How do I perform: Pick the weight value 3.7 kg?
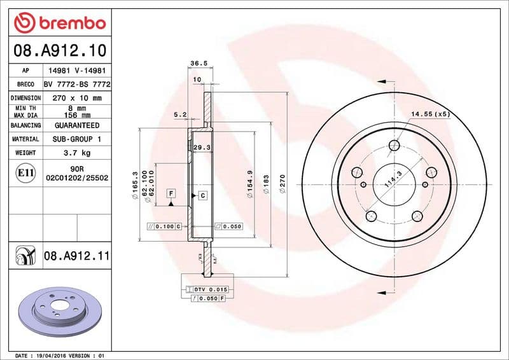76,153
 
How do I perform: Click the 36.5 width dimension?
199,64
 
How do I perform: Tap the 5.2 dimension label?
180,114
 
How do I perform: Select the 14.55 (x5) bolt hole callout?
431,114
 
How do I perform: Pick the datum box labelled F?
171,193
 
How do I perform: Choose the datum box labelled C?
202,195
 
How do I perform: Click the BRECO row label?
25,84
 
